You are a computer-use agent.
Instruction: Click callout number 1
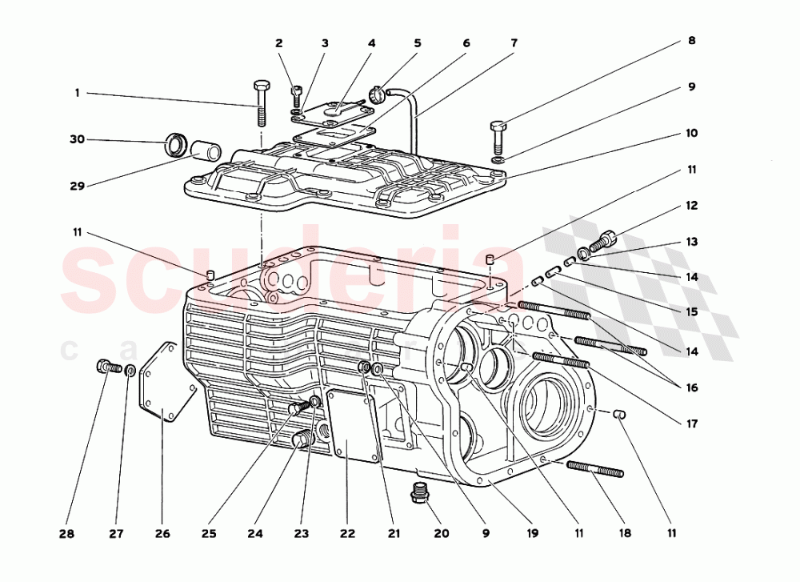(x=78, y=93)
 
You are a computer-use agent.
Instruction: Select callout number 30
(x=77, y=139)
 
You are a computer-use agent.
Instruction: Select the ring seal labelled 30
(x=176, y=147)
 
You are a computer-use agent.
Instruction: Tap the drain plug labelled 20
(x=418, y=494)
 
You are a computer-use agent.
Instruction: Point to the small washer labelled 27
(x=130, y=371)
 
